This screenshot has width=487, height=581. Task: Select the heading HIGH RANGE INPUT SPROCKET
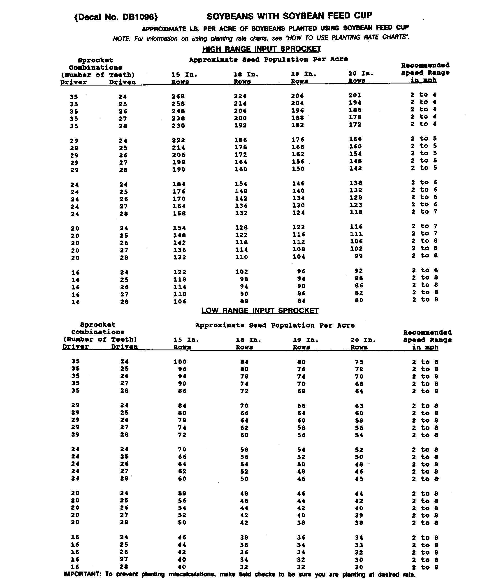[262, 49]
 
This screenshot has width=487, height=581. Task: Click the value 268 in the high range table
[178, 96]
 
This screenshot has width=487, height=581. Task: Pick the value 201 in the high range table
[355, 95]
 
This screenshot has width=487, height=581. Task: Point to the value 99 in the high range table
[359, 256]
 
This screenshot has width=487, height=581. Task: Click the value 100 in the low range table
[180, 362]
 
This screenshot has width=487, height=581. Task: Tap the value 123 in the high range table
[356, 205]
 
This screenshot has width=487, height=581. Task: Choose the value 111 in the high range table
[356, 234]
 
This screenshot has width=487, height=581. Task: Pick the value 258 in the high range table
[178, 104]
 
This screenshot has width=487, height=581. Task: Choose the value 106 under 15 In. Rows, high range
[180, 301]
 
